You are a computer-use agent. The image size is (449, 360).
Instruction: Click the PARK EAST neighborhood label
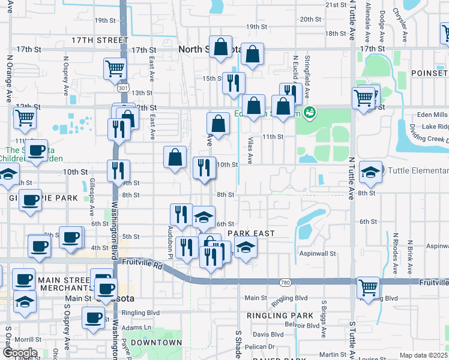[x=251, y=233]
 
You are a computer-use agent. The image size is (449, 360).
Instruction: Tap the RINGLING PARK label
[x=280, y=316]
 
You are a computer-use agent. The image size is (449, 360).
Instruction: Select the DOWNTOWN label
[x=156, y=343]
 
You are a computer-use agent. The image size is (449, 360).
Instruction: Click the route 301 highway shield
[x=124, y=88]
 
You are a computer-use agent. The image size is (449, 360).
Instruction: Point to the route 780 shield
[x=285, y=283]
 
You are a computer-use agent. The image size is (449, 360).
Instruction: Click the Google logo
[x=19, y=353]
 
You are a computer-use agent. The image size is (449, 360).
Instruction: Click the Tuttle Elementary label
[x=418, y=170]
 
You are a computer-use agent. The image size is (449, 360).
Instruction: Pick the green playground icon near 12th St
[x=310, y=112]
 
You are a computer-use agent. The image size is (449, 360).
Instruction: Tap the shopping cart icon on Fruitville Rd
[x=367, y=287]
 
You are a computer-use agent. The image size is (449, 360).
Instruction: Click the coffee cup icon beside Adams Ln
[x=93, y=317]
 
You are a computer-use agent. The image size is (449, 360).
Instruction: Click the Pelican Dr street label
[x=260, y=347]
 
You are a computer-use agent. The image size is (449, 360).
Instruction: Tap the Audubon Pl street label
[x=170, y=239]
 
